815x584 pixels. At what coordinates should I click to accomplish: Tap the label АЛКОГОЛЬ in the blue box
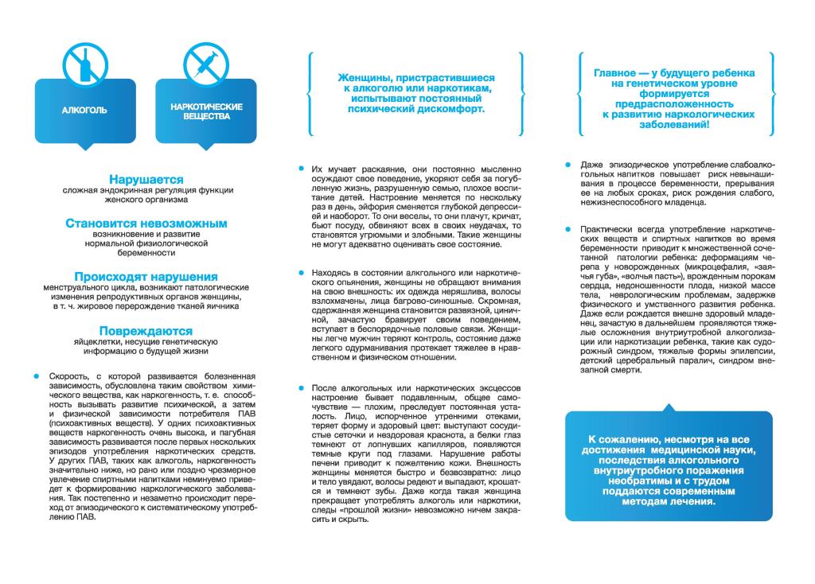(x=84, y=111)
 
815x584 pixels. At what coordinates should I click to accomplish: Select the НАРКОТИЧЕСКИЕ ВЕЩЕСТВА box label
(x=206, y=111)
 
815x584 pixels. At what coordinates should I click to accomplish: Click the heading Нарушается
(x=146, y=180)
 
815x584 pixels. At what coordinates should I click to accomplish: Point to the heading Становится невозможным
(x=146, y=224)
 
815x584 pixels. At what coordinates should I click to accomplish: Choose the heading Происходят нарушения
(x=146, y=276)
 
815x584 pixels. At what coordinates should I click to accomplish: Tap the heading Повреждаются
(x=146, y=330)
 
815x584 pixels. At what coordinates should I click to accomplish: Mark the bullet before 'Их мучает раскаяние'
(x=301, y=169)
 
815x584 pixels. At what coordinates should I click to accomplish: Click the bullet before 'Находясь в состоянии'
(x=301, y=272)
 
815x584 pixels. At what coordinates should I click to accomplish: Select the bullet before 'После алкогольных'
(x=301, y=387)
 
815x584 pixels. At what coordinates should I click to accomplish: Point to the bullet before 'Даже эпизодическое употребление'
(x=567, y=164)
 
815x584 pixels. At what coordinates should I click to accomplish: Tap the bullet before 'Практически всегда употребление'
(x=567, y=228)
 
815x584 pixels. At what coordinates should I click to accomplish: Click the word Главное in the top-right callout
(x=615, y=72)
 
